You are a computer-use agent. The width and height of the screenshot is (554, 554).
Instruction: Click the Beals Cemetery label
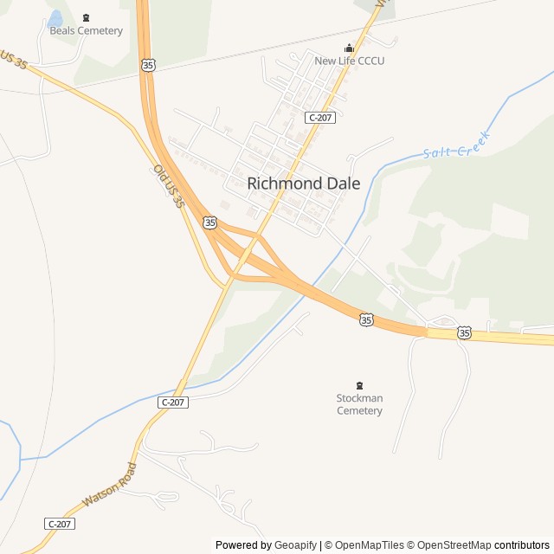tap(86, 31)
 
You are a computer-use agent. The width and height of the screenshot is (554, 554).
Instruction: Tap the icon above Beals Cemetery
tap(86, 17)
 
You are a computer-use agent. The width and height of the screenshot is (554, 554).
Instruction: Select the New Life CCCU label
tap(349, 61)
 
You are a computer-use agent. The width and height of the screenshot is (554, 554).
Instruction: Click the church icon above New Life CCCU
tap(349, 48)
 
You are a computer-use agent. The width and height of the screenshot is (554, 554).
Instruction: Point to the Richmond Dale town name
tap(304, 184)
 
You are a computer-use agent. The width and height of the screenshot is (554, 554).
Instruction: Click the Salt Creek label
tap(457, 145)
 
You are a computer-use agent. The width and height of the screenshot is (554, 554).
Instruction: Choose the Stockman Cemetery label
tap(359, 404)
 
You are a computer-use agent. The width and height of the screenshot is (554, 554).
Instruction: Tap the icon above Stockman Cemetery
tap(359, 385)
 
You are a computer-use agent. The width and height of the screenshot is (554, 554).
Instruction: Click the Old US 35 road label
tap(169, 186)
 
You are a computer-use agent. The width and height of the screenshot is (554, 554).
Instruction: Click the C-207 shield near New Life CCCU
tap(319, 117)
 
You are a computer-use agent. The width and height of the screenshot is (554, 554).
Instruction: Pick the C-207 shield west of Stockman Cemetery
tap(173, 403)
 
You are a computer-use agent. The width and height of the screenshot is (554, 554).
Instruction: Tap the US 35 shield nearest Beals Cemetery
tap(149, 65)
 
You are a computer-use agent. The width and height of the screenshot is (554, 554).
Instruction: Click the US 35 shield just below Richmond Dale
tap(210, 222)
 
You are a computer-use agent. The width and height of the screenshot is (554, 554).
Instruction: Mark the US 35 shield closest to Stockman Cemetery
tap(366, 320)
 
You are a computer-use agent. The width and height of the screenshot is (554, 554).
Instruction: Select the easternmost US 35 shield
tap(464, 332)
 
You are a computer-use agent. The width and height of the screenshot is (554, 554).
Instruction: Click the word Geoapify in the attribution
tap(295, 545)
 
